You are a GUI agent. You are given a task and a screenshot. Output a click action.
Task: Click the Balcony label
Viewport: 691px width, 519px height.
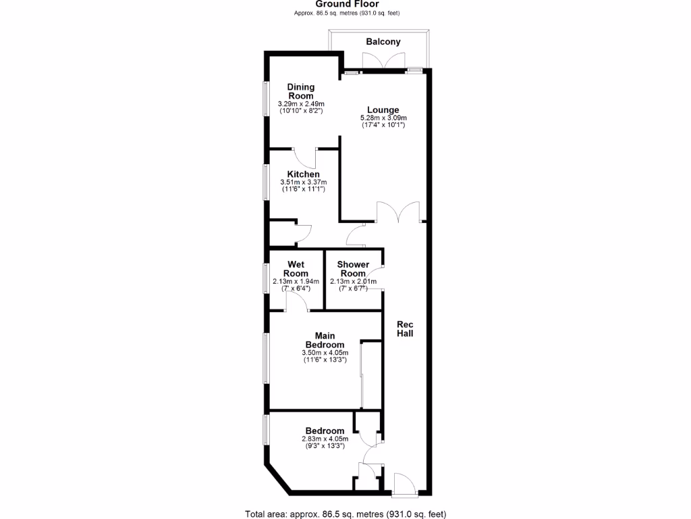coord(383,42)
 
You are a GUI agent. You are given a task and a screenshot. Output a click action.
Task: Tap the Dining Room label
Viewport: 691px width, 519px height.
coord(300,91)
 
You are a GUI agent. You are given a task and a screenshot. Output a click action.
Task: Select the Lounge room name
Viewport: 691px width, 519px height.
coord(383,110)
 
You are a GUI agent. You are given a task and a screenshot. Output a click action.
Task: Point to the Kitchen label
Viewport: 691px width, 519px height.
coord(303,174)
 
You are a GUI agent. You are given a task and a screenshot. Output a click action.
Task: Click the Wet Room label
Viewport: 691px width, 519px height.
coord(296,268)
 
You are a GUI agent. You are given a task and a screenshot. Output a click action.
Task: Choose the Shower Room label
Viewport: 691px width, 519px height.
coord(353,268)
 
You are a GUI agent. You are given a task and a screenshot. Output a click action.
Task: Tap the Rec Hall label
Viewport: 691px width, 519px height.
coord(405,329)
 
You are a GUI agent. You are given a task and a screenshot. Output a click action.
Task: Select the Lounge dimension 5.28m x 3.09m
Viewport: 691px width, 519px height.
coord(383,118)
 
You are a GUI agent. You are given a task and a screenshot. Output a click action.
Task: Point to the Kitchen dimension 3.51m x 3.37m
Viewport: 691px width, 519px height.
coord(303,182)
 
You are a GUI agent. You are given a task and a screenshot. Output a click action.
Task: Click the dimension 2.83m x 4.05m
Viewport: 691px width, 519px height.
coord(325,439)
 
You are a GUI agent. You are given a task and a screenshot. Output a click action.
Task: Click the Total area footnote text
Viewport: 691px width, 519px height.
coord(345,514)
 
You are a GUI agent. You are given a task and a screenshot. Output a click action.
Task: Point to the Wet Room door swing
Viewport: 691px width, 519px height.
coord(298,303)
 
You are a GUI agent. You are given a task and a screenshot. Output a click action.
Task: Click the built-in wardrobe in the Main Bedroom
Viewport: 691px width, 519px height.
coord(371,375)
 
